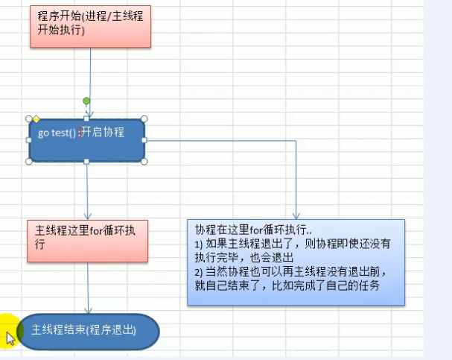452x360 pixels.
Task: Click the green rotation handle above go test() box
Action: (x=86, y=101)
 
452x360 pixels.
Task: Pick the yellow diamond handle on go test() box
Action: (x=36, y=119)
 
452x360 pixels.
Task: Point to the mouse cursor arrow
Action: (x=9, y=337)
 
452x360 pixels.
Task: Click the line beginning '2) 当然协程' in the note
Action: (x=290, y=271)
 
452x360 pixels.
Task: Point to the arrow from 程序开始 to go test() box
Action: (x=90, y=75)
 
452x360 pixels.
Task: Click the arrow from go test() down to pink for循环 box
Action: (x=87, y=190)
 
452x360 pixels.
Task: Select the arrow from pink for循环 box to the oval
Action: (x=89, y=287)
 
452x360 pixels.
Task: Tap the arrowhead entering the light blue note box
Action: (x=296, y=215)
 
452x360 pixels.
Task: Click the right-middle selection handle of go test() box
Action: (x=144, y=139)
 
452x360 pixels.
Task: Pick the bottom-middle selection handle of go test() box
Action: (x=86, y=161)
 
